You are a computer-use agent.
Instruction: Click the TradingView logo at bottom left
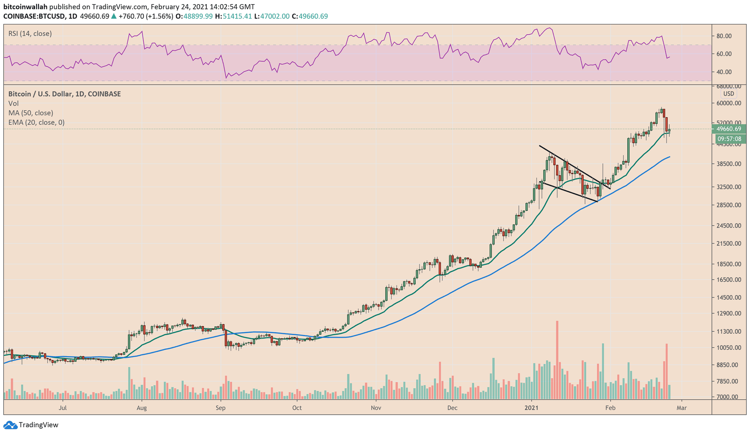click(31, 425)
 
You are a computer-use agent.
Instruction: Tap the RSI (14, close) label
click(30, 34)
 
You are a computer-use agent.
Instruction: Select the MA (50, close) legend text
click(30, 113)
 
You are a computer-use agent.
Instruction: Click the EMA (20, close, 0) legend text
click(37, 122)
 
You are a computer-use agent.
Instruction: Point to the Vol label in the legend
click(14, 103)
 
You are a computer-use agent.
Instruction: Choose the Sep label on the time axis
click(221, 408)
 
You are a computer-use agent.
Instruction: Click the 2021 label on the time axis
click(532, 408)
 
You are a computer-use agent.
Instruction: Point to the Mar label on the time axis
click(682, 408)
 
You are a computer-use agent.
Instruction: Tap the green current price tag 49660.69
click(729, 129)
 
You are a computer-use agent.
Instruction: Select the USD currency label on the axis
click(728, 94)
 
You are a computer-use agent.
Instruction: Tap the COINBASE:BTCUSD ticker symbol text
click(32, 16)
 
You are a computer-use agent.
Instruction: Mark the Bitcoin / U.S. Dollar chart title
click(64, 94)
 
